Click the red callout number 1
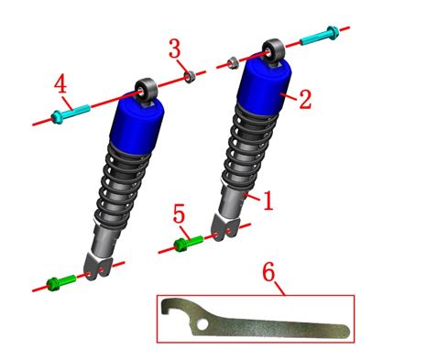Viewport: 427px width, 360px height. click(x=268, y=201)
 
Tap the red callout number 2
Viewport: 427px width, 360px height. click(x=305, y=99)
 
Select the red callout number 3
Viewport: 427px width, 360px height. click(x=175, y=49)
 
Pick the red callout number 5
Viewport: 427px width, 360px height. click(x=179, y=213)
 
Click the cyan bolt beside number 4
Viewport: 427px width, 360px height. click(x=71, y=113)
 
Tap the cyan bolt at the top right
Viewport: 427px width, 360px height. click(x=320, y=36)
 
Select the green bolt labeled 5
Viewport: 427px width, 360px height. click(x=188, y=243)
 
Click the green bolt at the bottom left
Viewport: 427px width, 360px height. click(x=60, y=283)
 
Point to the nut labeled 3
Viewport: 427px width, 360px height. click(x=190, y=76)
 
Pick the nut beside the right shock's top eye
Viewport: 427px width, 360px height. click(x=233, y=62)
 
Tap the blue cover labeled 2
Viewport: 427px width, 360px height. click(x=265, y=85)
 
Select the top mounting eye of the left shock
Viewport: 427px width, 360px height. click(x=147, y=89)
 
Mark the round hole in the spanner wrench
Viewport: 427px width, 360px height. click(x=202, y=324)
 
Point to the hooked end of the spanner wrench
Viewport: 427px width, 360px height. click(x=168, y=307)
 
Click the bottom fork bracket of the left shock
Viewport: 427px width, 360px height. click(x=98, y=267)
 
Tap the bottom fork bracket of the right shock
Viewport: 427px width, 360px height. click(x=224, y=228)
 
